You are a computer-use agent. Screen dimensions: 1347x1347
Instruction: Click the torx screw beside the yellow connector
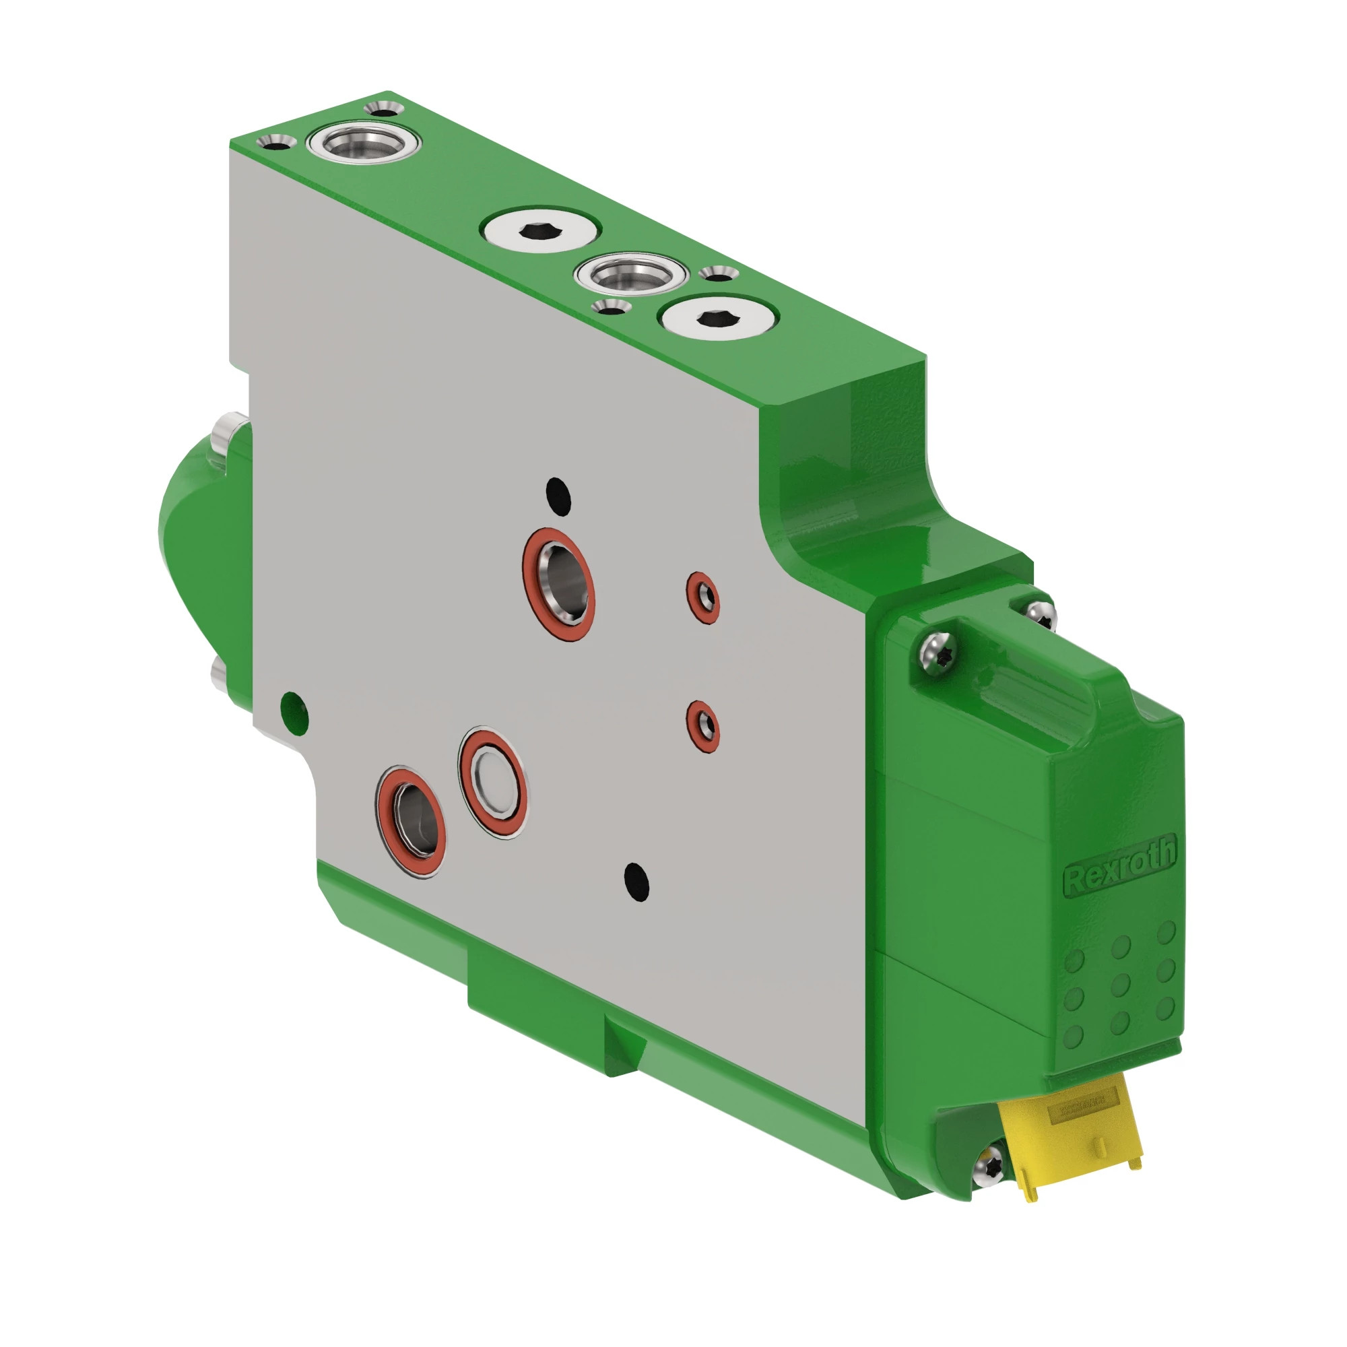[990, 1165]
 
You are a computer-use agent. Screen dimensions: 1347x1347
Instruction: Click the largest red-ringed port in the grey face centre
[559, 584]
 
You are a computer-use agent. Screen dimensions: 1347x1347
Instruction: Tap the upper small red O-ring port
[702, 597]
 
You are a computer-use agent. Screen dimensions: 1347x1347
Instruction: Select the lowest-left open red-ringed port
[411, 821]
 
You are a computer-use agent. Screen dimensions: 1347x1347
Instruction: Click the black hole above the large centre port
[558, 493]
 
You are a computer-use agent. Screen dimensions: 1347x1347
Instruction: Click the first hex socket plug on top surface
[540, 232]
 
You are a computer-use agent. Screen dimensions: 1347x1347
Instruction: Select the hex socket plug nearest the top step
[718, 319]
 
